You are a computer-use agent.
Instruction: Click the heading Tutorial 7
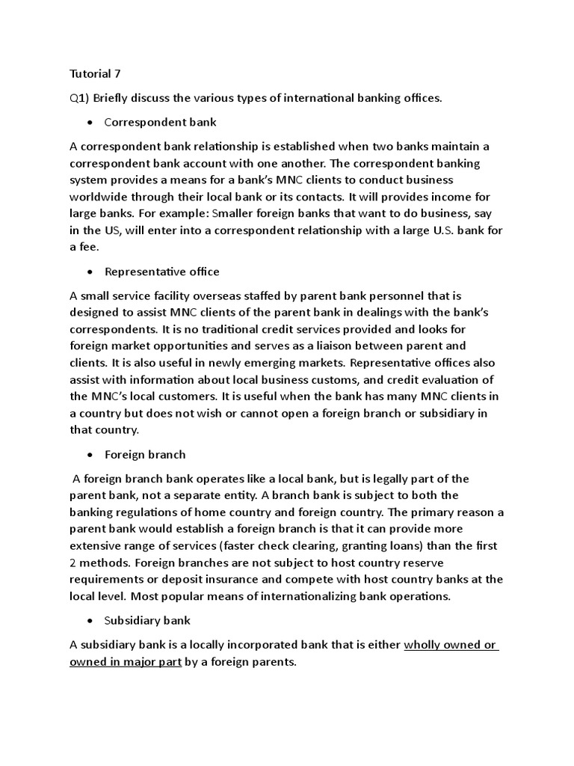[95, 74]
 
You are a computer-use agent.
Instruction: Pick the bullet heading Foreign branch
[145, 454]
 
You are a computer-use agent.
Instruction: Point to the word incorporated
[237, 645]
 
